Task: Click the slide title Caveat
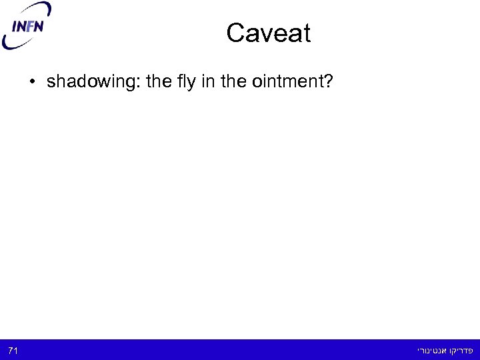[268, 33]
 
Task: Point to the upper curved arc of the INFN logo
[33, 10]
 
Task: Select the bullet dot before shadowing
[31, 83]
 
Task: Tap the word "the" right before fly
[157, 82]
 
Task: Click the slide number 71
[13, 350]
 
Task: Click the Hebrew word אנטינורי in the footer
[431, 350]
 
